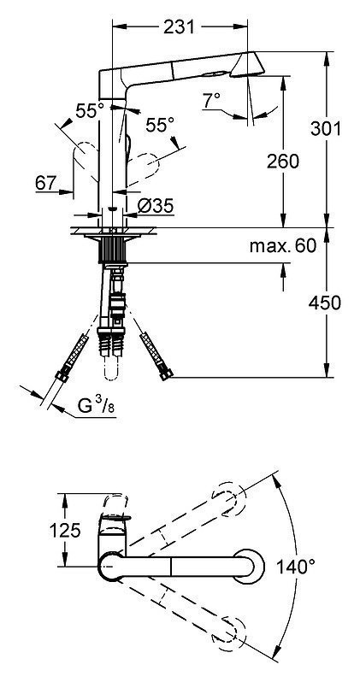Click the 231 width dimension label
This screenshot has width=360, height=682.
point(179,27)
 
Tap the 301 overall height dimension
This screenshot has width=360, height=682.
point(326,128)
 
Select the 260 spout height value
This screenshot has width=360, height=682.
point(283,162)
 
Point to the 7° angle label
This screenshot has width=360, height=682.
point(211,101)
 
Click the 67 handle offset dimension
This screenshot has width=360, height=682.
point(46,183)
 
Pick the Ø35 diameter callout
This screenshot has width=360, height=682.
point(156,205)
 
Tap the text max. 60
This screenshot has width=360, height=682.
point(282,246)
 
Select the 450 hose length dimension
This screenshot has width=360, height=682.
point(325,303)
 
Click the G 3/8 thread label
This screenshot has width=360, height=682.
point(97,405)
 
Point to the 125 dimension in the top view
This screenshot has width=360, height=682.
point(65,530)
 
